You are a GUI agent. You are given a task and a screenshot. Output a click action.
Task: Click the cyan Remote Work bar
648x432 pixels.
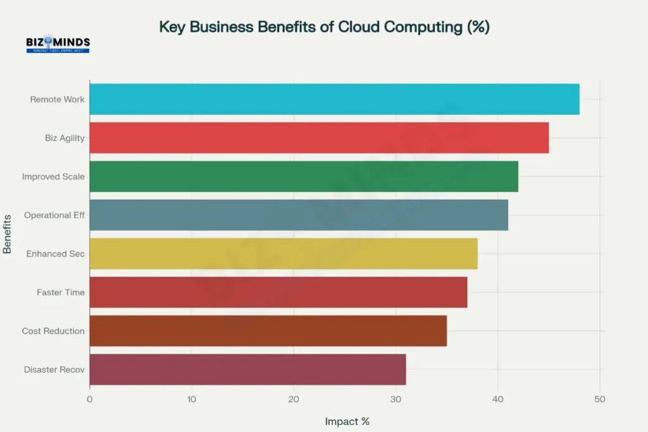click(334, 99)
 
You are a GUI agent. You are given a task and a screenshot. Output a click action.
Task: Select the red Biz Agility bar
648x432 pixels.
click(319, 138)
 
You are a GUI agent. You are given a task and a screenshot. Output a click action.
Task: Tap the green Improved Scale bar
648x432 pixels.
click(304, 176)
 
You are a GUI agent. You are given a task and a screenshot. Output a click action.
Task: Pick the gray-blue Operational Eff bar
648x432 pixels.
click(299, 215)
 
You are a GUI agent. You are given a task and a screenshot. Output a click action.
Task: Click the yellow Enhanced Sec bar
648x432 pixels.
click(283, 254)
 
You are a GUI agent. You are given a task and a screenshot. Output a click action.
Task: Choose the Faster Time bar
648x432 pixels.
click(278, 292)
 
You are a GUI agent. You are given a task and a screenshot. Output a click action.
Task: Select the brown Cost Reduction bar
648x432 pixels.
click(268, 331)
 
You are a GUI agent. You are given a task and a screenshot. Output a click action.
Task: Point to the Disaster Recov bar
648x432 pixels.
click(247, 369)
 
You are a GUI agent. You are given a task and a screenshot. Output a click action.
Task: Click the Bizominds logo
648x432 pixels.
click(58, 44)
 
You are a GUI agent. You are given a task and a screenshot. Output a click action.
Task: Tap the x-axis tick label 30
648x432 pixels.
click(396, 399)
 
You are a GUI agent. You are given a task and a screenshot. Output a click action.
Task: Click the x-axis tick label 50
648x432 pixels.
click(599, 399)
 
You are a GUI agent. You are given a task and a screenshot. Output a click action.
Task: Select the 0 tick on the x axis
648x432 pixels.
click(90, 399)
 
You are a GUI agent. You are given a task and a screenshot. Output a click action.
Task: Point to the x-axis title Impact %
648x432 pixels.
click(347, 421)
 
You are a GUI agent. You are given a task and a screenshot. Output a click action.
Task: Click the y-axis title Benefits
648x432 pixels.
click(8, 233)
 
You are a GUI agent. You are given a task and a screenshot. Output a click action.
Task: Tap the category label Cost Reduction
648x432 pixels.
click(53, 331)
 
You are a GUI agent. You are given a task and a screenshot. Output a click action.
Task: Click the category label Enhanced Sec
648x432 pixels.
click(55, 254)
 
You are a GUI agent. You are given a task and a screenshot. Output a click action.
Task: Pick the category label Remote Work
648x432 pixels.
click(57, 99)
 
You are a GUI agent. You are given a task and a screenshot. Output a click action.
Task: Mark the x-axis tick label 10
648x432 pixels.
click(191, 399)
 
